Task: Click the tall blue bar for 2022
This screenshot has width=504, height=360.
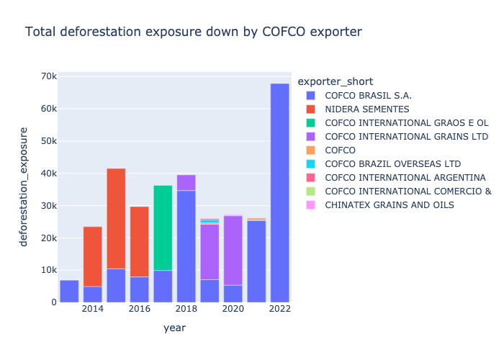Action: pos(279,193)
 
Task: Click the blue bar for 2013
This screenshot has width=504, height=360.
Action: pos(69,291)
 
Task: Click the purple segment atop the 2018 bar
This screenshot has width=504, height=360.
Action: pos(186,182)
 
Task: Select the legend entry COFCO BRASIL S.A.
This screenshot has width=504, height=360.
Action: pos(368,95)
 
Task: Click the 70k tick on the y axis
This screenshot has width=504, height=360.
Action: pos(49,76)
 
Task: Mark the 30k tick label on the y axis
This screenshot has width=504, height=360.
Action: pos(49,205)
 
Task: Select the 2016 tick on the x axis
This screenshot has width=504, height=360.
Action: pos(139,310)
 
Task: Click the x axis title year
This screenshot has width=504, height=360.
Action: pos(174,328)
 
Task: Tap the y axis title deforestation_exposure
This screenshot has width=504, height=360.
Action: pos(24,186)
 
